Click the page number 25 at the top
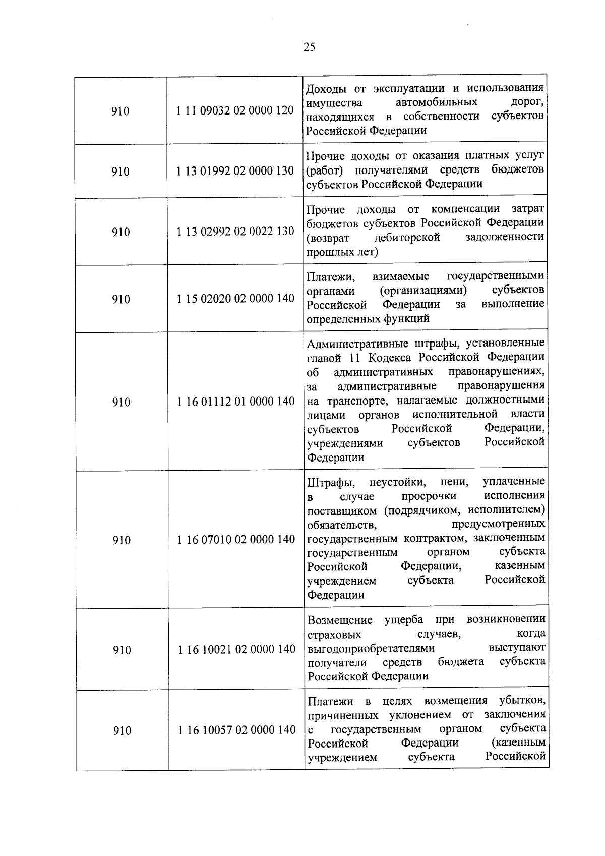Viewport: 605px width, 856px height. coord(310,47)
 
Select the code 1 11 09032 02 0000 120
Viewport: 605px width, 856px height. coord(235,110)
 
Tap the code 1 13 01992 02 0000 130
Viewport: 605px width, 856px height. coord(235,170)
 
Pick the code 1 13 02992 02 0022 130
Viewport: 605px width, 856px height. coord(235,231)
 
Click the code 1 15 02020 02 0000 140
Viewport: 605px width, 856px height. coord(236,298)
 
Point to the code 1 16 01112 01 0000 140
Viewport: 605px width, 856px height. coord(236,402)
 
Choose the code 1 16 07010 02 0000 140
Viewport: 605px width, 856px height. coord(236,540)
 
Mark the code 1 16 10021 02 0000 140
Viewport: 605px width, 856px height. coord(237,649)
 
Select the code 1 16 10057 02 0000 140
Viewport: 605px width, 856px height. coord(237,730)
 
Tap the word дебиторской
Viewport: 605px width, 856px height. coord(407,237)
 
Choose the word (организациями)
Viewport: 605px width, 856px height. coord(423,291)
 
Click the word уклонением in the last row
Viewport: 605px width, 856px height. coord(422,715)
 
